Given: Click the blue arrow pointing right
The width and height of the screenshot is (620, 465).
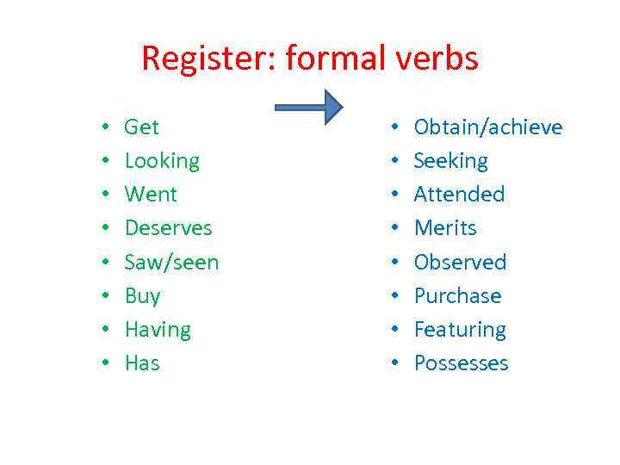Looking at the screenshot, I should (x=308, y=108).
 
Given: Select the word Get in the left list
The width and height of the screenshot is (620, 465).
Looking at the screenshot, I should (x=142, y=127).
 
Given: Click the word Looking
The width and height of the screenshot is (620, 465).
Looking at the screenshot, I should (x=162, y=161).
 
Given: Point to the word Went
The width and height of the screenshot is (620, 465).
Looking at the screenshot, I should (x=151, y=195).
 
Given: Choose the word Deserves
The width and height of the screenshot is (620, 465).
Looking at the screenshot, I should (x=168, y=228).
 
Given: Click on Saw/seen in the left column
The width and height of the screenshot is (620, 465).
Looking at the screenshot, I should (x=171, y=262).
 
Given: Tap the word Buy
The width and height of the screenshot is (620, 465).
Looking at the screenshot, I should (x=142, y=296).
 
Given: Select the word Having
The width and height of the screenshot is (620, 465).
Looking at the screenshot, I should (x=158, y=330).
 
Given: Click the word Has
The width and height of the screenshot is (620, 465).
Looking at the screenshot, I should (x=142, y=363).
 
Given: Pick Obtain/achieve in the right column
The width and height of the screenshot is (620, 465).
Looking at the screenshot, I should (x=488, y=127).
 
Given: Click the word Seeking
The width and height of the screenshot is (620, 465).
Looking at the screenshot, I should (x=450, y=161).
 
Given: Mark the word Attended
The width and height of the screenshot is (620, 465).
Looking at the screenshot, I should (x=459, y=195).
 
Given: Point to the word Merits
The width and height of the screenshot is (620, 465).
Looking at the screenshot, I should (x=445, y=228).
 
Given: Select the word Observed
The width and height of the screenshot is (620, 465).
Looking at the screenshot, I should (x=460, y=262).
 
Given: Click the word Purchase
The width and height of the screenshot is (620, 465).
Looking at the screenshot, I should (x=457, y=296).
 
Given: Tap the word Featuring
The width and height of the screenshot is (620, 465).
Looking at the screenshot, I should (x=460, y=330).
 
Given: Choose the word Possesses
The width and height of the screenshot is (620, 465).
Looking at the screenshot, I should (x=461, y=363).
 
